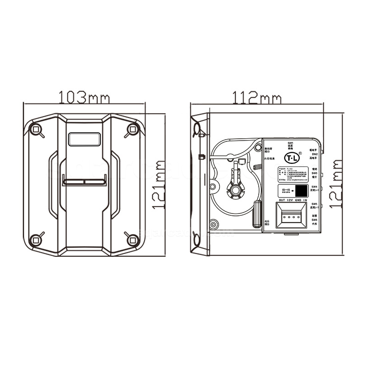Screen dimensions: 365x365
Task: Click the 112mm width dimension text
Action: (257, 97)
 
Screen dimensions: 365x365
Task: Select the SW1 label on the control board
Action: (290, 143)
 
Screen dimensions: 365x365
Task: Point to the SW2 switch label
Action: (314, 154)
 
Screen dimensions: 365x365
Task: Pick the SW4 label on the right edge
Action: (314, 187)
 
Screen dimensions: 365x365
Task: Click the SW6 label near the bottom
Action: (314, 220)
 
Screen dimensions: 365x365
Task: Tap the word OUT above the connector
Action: (282, 200)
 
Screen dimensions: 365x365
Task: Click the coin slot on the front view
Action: (85, 181)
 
